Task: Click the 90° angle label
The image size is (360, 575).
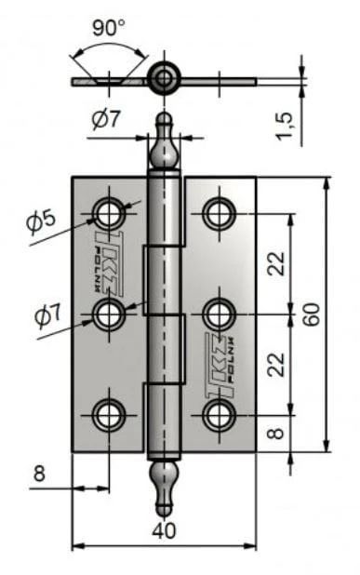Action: coord(109,28)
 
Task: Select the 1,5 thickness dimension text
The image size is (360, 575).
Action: coord(285,126)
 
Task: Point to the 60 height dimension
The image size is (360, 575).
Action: coord(312,314)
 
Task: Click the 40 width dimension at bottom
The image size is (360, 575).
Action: coord(164,530)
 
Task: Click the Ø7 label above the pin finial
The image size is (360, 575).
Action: coord(106,119)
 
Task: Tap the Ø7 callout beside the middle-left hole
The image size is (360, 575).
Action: coord(48,315)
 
